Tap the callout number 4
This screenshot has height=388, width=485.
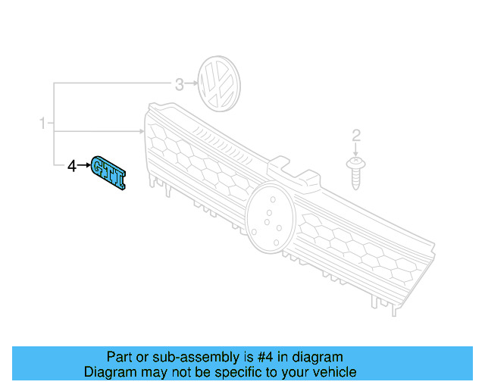point(72,165)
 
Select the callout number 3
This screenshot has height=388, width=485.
point(180,85)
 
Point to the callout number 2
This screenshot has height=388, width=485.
point(356,136)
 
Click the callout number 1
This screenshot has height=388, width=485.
point(43,122)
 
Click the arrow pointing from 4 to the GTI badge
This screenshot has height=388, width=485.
point(83,164)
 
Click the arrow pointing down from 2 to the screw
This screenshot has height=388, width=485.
point(355,150)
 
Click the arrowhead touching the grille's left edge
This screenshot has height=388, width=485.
point(141,131)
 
